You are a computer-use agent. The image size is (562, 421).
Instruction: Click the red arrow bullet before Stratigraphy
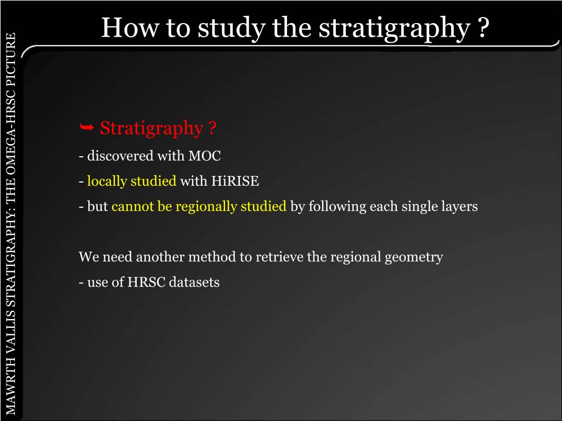click(86, 128)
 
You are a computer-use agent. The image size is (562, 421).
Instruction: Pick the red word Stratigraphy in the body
click(151, 129)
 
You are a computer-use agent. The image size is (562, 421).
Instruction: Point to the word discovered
click(120, 156)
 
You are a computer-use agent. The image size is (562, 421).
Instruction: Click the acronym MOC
click(205, 156)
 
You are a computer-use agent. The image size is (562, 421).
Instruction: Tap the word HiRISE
click(235, 181)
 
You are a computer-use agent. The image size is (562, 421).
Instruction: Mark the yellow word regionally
click(201, 207)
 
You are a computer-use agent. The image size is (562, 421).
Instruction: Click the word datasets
click(194, 282)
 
